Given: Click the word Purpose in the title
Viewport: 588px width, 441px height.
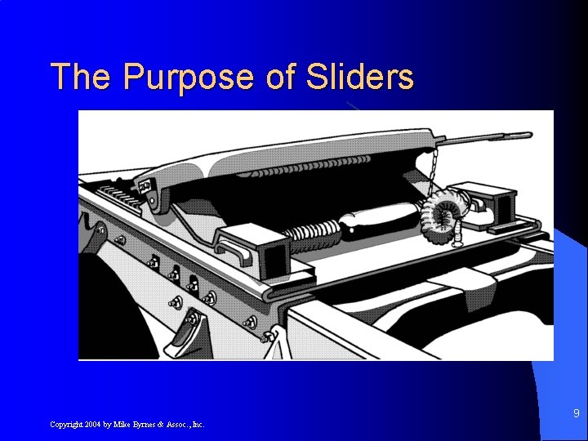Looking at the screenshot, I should (x=189, y=78).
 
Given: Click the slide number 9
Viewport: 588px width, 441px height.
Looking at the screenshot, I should (x=576, y=413).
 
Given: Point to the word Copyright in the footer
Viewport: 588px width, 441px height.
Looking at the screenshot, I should (x=65, y=425).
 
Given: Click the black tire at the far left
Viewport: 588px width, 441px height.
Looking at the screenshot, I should (x=94, y=310).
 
